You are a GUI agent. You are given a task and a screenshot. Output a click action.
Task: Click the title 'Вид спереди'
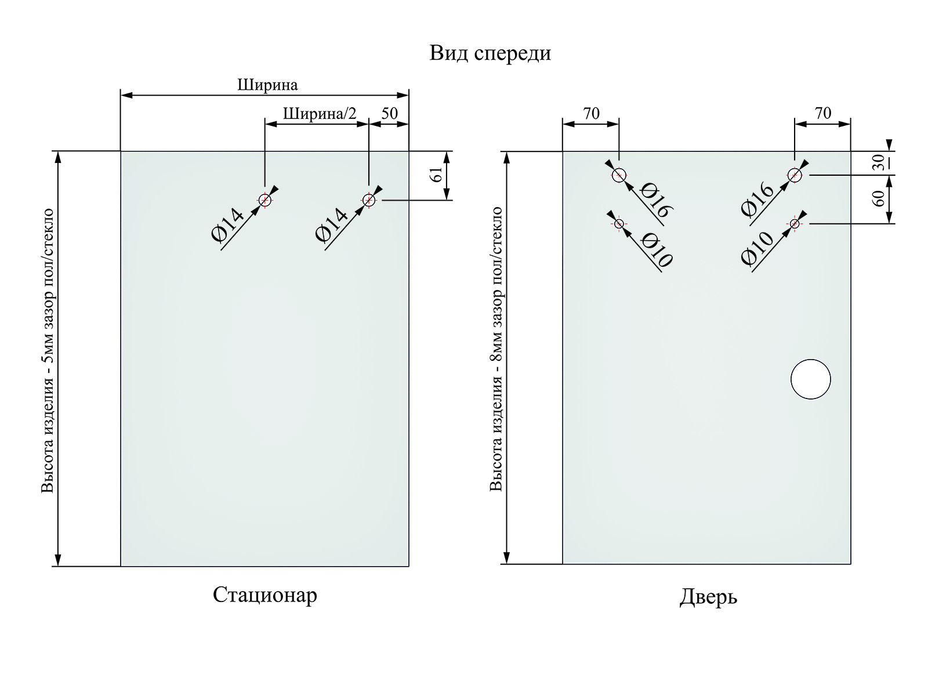pos(490,53)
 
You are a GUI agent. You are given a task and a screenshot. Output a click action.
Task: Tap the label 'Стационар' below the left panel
pos(265,595)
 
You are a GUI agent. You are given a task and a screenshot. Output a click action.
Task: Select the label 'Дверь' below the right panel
pos(708,596)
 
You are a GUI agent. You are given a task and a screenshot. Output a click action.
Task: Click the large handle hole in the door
pos(810,379)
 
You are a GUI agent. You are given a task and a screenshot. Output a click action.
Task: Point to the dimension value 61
pos(437,175)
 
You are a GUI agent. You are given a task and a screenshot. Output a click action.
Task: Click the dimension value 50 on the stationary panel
pos(390,113)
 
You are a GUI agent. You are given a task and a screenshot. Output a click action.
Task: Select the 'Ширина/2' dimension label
pos(320,114)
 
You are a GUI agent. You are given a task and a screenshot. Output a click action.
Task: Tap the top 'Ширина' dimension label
pos(267,85)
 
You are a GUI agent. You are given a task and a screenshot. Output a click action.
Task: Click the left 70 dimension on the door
pos(591,113)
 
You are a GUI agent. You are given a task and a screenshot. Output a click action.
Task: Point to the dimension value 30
pos(879,162)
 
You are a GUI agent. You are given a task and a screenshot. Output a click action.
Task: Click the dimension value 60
pos(879,198)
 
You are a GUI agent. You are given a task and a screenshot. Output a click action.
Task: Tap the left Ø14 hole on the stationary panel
pos(264,200)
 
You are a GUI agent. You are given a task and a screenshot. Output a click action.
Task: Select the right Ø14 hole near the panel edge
pos(368,200)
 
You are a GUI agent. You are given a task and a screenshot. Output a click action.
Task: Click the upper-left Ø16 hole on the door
pos(619,175)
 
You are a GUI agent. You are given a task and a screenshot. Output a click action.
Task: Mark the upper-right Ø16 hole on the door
pos(795,175)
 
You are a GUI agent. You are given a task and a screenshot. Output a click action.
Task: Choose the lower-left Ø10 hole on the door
pos(619,223)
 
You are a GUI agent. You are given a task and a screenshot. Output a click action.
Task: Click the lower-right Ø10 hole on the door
pos(795,223)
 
